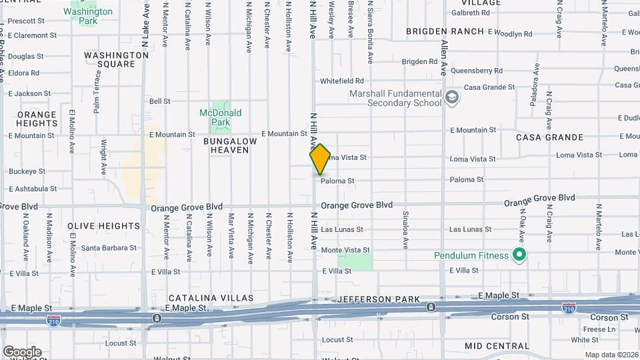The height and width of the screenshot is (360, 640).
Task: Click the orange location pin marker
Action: point(320,159)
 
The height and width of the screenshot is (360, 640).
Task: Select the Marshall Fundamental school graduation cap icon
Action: point(453,97)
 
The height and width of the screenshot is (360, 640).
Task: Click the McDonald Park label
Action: point(220,117)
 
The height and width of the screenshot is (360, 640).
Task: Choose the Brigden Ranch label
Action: point(445,31)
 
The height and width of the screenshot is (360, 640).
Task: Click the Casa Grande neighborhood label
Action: point(550,137)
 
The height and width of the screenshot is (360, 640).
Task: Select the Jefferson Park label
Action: point(378,299)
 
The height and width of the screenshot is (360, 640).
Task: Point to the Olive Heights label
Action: point(103,226)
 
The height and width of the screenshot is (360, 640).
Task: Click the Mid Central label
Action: point(497,346)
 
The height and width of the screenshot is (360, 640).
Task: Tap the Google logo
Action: point(22,351)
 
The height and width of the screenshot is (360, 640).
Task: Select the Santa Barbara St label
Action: point(109,248)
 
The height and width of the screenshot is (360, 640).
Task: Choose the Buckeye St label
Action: point(27,171)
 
